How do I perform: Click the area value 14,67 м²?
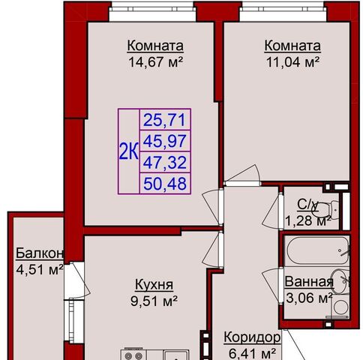(x=155, y=61)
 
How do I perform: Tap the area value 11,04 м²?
(x=292, y=61)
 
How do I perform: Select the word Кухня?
(x=154, y=285)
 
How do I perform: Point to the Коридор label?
(x=252, y=337)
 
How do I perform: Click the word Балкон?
(x=39, y=253)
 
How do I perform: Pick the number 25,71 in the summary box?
(x=164, y=120)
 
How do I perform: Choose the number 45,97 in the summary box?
(x=164, y=141)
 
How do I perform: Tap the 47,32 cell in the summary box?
(x=164, y=162)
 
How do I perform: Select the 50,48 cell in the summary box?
(x=164, y=183)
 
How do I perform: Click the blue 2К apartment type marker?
(x=128, y=151)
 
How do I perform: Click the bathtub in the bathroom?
(x=317, y=250)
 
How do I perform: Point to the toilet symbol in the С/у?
(x=325, y=208)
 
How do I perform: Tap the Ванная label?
(x=309, y=282)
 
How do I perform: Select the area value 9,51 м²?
(x=154, y=301)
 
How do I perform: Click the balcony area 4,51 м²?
(x=39, y=270)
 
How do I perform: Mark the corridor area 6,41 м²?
(x=252, y=354)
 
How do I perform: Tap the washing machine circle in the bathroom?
(x=340, y=307)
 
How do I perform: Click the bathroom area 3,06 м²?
(x=309, y=298)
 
